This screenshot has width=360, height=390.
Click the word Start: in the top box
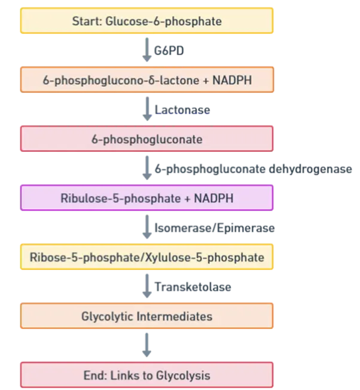point(87,22)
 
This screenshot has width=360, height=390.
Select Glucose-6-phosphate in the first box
point(163,22)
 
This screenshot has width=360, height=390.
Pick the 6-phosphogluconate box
point(147,139)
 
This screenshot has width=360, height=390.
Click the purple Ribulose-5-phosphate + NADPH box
point(147,197)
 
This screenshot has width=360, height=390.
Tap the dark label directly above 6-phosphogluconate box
point(182,109)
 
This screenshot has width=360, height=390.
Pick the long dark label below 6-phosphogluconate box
point(251,169)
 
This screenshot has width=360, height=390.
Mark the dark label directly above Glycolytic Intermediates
point(193,287)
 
